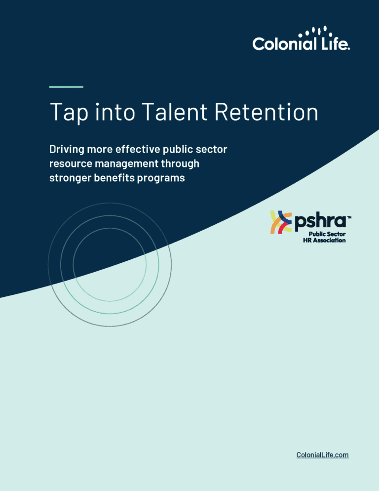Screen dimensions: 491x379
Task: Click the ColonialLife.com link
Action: [322, 455]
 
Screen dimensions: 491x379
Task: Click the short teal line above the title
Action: [66, 87]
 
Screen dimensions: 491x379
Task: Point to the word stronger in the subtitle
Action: [69, 178]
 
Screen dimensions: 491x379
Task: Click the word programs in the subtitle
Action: [162, 178]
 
